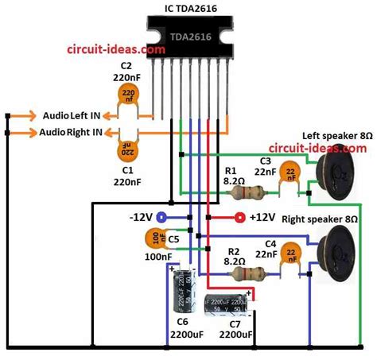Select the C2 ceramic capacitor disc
126,96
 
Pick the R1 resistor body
253,192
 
